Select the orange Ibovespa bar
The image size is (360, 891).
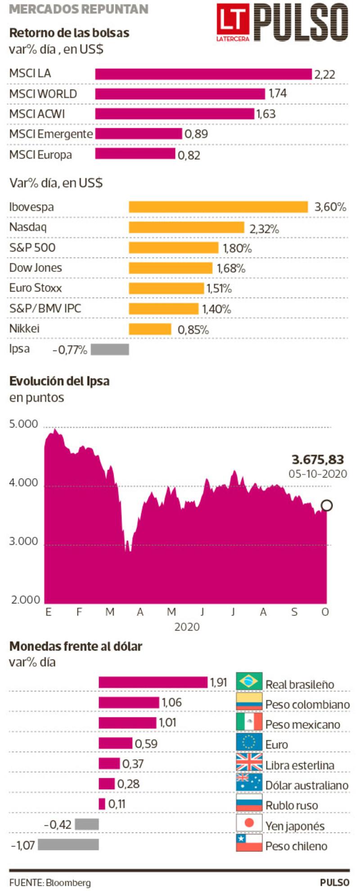tap(218, 207)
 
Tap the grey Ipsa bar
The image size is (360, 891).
tap(110, 350)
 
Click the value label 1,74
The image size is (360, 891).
tap(278, 94)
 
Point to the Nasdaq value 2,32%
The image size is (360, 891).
tap(264, 229)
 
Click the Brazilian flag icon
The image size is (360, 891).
tap(249, 681)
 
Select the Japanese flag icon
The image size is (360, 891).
tap(249, 823)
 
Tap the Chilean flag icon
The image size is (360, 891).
tap(249, 843)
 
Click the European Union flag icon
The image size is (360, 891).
tap(249, 742)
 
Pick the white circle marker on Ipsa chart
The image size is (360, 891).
tap(327, 505)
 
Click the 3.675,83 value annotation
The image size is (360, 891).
tap(318, 459)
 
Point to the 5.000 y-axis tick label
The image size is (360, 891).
tap(24, 424)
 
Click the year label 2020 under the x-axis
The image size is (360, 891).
tap(187, 627)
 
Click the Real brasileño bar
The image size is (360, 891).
tap(153, 682)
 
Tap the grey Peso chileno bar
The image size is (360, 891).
tap(68, 844)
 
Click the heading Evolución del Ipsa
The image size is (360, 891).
tap(59, 381)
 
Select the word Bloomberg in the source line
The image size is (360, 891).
tap(68, 882)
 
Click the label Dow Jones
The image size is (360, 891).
tap(36, 268)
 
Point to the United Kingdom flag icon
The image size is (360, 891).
tap(249, 762)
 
